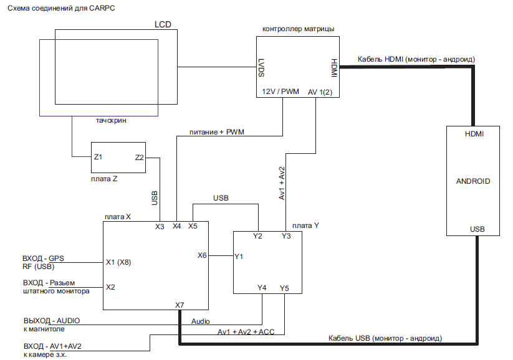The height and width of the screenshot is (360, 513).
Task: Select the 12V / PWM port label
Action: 280,92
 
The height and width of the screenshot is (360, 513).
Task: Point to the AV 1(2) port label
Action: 320,92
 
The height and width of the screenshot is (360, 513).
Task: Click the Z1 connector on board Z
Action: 98,158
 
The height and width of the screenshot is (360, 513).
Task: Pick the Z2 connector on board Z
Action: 140,158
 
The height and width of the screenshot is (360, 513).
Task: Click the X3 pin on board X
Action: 160,226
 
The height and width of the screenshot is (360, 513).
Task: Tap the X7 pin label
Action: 180,305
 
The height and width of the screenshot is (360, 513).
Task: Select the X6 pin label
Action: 202,255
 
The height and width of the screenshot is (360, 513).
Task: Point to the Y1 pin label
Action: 239,255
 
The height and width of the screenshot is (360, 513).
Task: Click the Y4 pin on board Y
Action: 262,288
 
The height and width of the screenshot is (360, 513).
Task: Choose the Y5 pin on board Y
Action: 284,288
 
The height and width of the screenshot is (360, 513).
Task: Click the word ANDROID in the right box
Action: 473,182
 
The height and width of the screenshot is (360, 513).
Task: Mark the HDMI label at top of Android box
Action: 475,134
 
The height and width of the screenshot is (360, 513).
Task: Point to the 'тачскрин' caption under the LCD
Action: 112,121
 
